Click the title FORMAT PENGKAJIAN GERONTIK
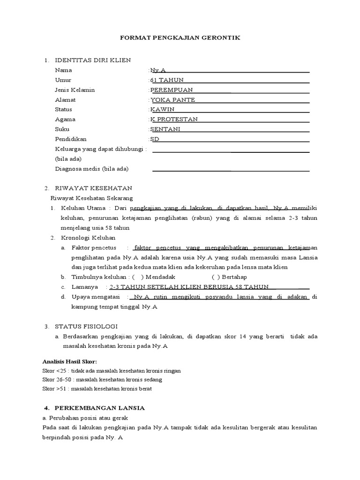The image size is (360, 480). pyautogui.click(x=180, y=37)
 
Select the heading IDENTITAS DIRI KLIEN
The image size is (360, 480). pyautogui.click(x=93, y=60)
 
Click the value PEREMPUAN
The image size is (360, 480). pyautogui.click(x=171, y=90)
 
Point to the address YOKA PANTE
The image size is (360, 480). pyautogui.click(x=172, y=99)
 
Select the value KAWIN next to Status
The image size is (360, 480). pyautogui.click(x=162, y=109)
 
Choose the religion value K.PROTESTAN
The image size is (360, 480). pyautogui.click(x=174, y=119)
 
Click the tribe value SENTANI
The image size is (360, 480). pyautogui.click(x=165, y=129)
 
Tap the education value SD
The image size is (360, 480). pyautogui.click(x=155, y=139)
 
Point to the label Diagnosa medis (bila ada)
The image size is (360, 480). pyautogui.click(x=92, y=168)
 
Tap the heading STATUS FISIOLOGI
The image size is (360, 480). pyautogui.click(x=87, y=326)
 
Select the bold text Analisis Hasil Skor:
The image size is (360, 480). pyautogui.click(x=69, y=361)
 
